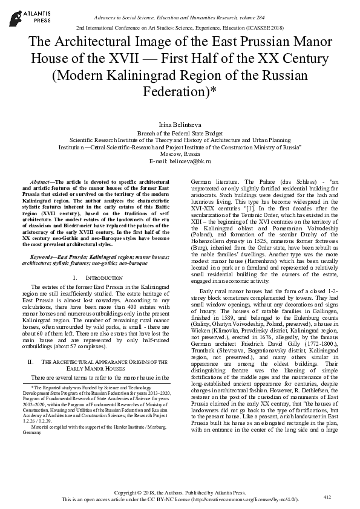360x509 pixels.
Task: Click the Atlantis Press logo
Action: point(22,15)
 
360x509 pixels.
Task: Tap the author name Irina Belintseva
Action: point(180,125)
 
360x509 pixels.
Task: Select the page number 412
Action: point(327,497)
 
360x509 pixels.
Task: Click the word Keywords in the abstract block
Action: point(43,257)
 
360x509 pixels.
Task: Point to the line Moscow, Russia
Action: point(180,155)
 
